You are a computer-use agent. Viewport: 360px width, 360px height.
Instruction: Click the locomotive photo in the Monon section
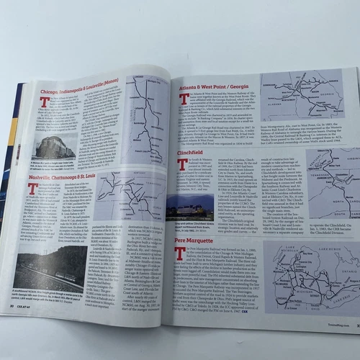(x=52, y=150)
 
